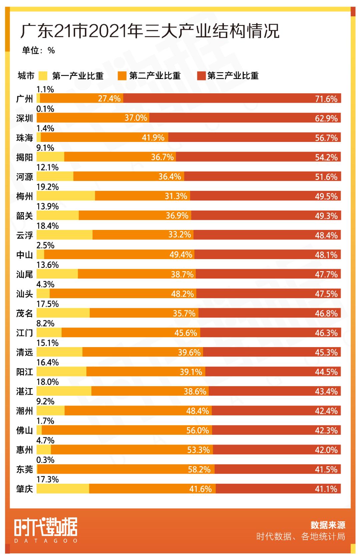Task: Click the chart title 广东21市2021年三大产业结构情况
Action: tap(150, 31)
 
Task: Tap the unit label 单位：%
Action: tap(38, 50)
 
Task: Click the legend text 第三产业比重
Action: tap(233, 76)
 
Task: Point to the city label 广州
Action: tap(25, 99)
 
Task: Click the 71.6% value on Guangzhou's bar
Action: tap(326, 99)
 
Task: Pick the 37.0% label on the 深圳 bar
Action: tap(136, 118)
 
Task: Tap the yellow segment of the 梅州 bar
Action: tap(66, 196)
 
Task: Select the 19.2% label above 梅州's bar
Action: tap(47, 187)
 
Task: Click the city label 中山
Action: tap(25, 255)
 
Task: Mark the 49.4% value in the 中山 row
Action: tap(181, 255)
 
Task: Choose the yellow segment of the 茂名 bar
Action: tap(63, 313)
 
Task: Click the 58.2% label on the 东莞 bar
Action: tap(199, 469)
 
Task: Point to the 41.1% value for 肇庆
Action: tap(326, 489)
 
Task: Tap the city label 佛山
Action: tap(25, 431)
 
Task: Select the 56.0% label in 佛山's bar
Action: tap(197, 430)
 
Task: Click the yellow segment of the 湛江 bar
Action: tap(64, 391)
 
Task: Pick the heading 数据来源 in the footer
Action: tap(328, 525)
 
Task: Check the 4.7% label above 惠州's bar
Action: tap(45, 440)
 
